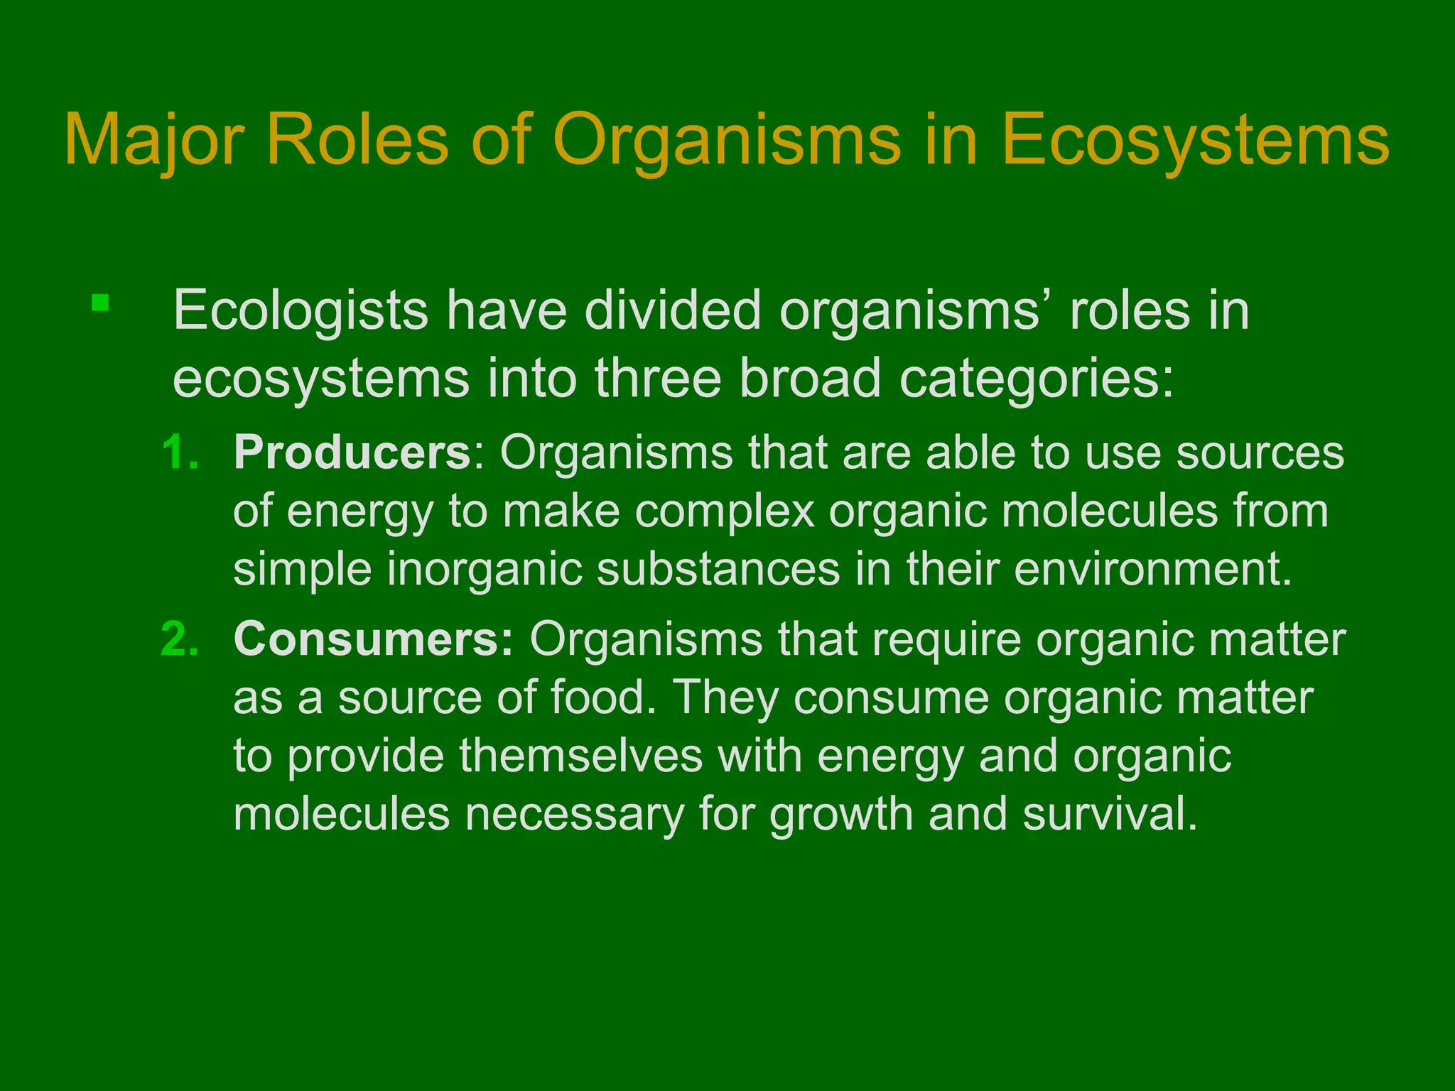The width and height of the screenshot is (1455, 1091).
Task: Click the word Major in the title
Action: click(x=163, y=141)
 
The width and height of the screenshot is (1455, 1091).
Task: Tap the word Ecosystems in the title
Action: click(x=1195, y=141)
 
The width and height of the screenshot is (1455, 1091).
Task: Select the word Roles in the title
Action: click(x=358, y=141)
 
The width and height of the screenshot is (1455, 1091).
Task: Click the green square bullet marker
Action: click(x=100, y=303)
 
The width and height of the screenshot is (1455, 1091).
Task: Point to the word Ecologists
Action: click(x=301, y=311)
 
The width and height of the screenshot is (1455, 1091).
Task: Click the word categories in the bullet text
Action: click(x=1037, y=379)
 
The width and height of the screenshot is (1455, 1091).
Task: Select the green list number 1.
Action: click(x=180, y=452)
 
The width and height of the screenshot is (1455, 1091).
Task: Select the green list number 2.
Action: click(x=180, y=639)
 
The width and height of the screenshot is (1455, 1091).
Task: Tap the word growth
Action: click(x=841, y=814)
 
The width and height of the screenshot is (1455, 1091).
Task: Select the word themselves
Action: click(x=580, y=756)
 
